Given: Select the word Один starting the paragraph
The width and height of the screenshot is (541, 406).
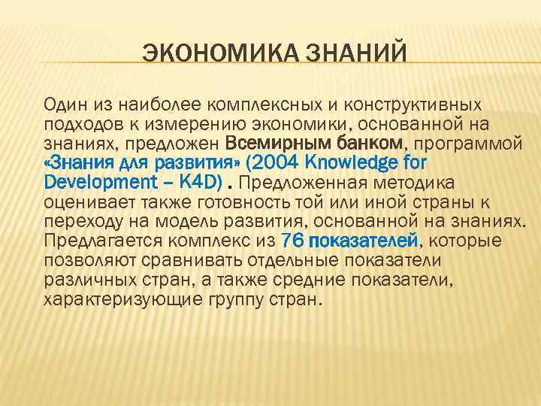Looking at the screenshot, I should click(x=62, y=103).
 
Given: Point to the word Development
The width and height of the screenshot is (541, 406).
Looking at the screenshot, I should click(x=94, y=181).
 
